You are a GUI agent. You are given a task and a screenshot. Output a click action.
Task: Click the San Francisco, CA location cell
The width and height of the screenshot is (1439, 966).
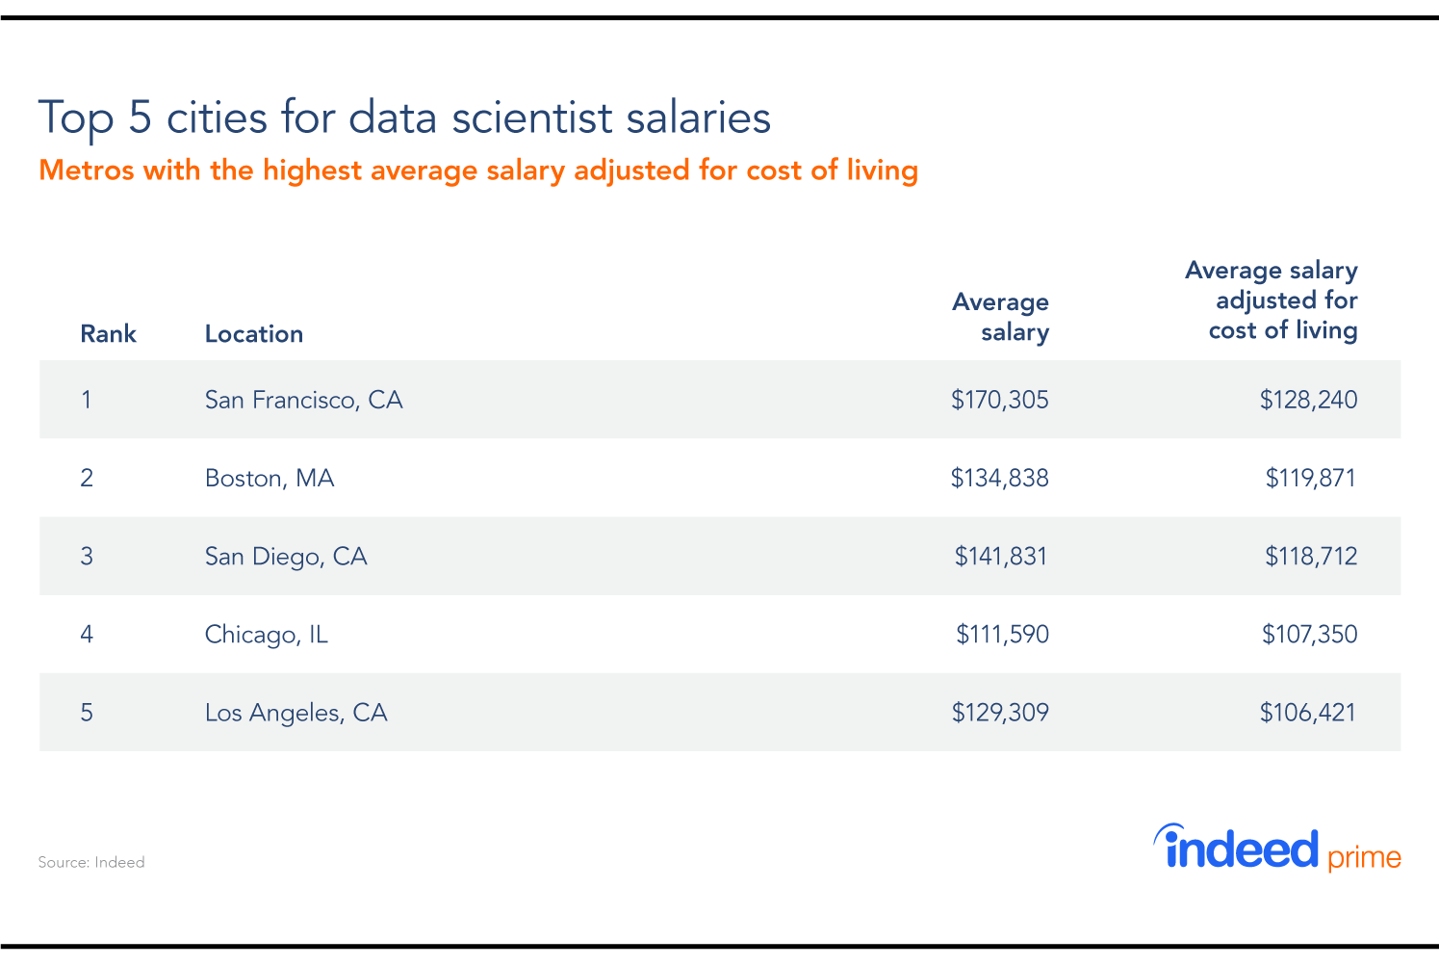(x=303, y=400)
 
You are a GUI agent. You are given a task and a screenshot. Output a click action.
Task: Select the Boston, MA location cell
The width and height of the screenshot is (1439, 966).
(x=270, y=478)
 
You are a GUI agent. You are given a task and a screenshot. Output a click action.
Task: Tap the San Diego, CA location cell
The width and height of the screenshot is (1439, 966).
(x=286, y=556)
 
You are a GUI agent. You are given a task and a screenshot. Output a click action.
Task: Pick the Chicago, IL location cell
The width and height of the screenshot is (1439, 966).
(x=267, y=634)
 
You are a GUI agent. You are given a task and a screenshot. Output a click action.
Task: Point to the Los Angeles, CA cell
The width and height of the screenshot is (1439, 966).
(x=296, y=713)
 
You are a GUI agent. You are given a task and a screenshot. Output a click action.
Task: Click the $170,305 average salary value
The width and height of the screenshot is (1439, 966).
(x=999, y=400)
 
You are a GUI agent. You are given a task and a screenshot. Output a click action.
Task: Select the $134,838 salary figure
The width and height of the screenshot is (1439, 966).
(x=999, y=478)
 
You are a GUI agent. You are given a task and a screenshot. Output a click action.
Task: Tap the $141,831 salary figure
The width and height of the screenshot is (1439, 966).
(x=1000, y=556)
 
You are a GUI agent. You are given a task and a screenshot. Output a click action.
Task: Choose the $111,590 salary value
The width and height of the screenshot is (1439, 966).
(x=1001, y=634)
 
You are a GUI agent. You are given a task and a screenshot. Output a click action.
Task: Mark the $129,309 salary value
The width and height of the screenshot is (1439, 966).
(x=1000, y=713)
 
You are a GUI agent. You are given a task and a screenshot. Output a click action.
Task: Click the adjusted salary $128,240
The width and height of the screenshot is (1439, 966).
(x=1308, y=400)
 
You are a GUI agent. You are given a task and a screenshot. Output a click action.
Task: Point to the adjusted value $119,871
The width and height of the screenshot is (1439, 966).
(x=1310, y=478)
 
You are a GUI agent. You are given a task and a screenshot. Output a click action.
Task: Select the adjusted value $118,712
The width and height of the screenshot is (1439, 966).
(x=1310, y=556)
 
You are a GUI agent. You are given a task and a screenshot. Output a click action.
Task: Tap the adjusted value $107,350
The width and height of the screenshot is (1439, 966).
(x=1309, y=634)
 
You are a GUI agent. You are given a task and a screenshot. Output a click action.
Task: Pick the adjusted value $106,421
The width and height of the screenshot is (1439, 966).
(x=1307, y=713)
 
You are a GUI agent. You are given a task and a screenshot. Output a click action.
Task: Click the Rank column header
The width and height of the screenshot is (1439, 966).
(x=108, y=334)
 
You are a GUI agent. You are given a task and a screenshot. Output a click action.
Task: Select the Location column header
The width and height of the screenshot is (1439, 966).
(x=254, y=334)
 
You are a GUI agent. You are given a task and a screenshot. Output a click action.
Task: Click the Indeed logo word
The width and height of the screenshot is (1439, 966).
(x=1239, y=849)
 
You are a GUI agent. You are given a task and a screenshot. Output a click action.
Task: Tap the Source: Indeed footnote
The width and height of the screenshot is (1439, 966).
(x=91, y=862)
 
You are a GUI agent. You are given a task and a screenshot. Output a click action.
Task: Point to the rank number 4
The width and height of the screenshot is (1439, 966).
(x=87, y=634)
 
